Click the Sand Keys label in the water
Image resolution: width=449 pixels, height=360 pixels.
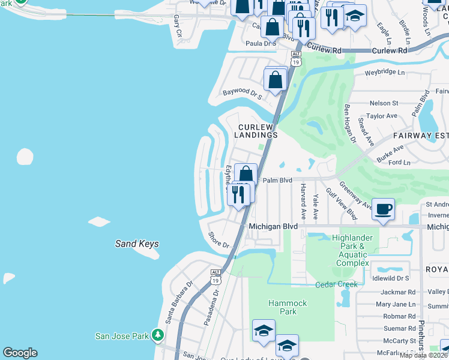[137, 244]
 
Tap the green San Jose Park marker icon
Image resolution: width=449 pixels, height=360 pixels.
[158, 334]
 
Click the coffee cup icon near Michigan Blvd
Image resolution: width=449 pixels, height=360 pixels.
[384, 209]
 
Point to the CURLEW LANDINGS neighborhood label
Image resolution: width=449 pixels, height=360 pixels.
[258, 131]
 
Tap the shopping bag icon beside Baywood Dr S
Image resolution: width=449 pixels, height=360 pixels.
[274, 79]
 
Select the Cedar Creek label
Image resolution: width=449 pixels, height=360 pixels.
[336, 284]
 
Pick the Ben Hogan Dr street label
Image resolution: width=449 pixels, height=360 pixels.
[349, 123]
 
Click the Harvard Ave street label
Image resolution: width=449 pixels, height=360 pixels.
[304, 201]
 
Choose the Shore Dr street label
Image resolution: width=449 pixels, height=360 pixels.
[218, 241]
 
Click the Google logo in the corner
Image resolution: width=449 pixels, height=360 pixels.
[20, 353]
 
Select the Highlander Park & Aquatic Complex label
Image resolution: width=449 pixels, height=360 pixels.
[357, 250]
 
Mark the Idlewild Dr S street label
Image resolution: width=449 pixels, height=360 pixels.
[390, 278]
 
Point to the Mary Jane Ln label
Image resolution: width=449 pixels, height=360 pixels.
[395, 304]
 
